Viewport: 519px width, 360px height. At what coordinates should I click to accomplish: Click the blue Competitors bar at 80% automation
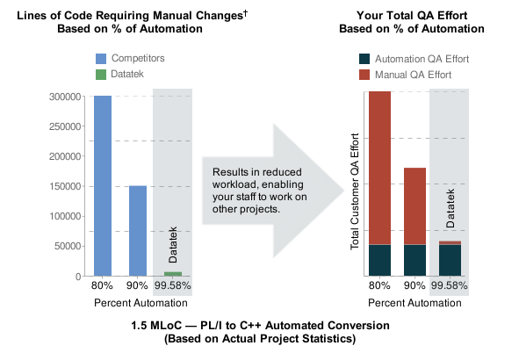[x=103, y=185]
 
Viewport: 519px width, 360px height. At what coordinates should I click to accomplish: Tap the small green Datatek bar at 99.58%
[x=173, y=274]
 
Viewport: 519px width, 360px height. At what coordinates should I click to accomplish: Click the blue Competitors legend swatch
[x=102, y=58]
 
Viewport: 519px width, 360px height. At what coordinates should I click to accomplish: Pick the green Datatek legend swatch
[x=102, y=75]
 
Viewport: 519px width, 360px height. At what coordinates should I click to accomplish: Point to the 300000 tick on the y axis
[x=64, y=97]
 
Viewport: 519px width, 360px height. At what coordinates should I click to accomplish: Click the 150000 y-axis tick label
[x=64, y=186]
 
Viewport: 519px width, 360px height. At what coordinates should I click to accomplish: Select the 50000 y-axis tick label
[x=67, y=246]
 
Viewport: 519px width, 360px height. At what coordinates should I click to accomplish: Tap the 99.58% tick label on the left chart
[x=173, y=286]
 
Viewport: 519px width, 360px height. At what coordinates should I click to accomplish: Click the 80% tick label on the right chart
[x=379, y=286]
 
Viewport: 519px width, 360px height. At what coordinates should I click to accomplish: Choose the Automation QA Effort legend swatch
[x=365, y=58]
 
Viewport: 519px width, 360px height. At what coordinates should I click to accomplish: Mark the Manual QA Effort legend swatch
[x=365, y=75]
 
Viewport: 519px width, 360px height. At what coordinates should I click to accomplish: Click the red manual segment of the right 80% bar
[x=379, y=167]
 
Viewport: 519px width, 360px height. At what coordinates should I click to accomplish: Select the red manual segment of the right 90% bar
[x=414, y=205]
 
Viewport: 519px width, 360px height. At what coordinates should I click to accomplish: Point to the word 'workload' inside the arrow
[x=236, y=184]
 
